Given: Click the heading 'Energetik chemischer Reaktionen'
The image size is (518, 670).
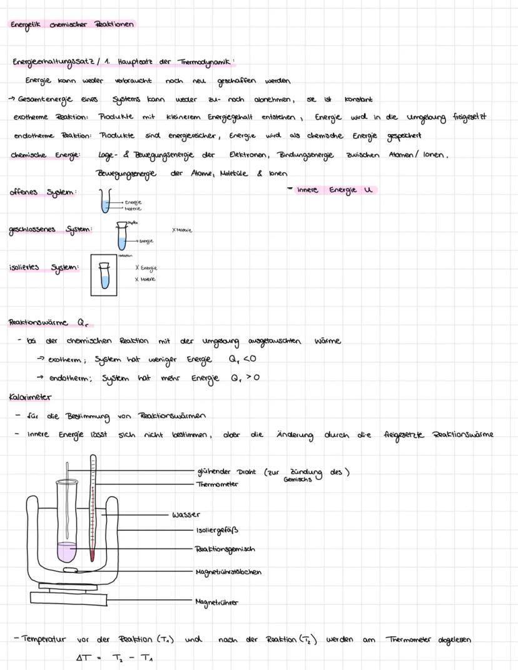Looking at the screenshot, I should [72, 24].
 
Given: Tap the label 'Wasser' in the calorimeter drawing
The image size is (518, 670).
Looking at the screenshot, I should [186, 515].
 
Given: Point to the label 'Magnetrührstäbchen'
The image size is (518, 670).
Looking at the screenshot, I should [228, 572].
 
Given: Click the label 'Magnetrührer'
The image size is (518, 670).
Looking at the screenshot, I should [217, 602].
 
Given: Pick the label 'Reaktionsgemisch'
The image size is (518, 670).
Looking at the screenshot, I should [225, 549].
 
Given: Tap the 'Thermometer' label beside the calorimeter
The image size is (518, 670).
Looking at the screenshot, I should [217, 484].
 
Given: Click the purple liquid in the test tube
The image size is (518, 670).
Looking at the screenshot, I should [66, 551].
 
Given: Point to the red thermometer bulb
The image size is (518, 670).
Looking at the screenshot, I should [93, 555].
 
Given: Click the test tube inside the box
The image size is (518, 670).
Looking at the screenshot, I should [104, 274].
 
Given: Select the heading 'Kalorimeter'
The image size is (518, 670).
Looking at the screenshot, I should [31, 397].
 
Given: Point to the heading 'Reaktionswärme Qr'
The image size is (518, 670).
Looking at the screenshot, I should [46, 322].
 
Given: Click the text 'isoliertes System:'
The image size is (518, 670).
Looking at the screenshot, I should [44, 268].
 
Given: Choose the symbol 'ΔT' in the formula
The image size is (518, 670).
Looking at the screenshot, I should [83, 658].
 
